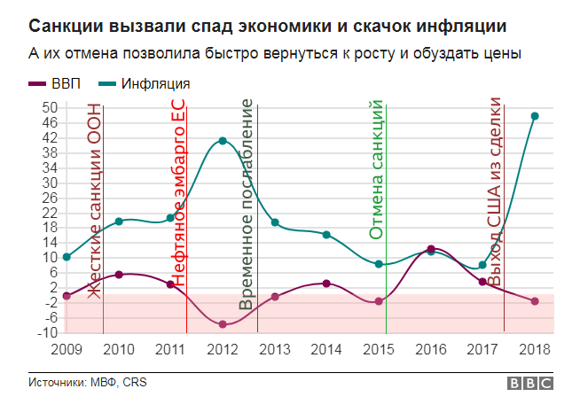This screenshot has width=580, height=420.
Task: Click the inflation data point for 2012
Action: pyautogui.click(x=223, y=141)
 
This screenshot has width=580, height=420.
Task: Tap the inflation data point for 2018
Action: pyautogui.click(x=535, y=116)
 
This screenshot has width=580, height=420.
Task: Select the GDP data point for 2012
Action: pyautogui.click(x=223, y=325)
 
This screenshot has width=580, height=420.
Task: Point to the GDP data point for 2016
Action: pyautogui.click(x=431, y=249)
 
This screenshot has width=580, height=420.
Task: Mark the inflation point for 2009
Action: pyautogui.click(x=67, y=257)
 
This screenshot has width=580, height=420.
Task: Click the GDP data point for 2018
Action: pyautogui.click(x=535, y=301)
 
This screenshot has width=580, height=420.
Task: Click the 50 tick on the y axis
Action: pyautogui.click(x=51, y=107)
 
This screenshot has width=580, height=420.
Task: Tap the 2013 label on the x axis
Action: pyautogui.click(x=275, y=349)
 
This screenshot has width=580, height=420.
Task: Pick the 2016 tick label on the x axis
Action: pyautogui.click(x=431, y=349)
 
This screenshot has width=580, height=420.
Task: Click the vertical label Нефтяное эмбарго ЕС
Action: pyautogui.click(x=177, y=192)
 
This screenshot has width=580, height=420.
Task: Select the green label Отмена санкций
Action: pyautogui.click(x=375, y=170)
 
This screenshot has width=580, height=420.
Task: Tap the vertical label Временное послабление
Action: pyautogui.click(x=247, y=206)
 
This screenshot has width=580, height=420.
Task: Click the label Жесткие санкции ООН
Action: pyautogui.click(x=95, y=199)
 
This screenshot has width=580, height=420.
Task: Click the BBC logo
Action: pyautogui.click(x=529, y=384)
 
